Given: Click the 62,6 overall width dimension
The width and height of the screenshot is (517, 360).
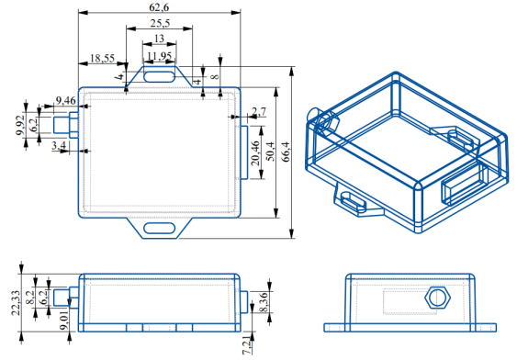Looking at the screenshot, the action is (159, 6).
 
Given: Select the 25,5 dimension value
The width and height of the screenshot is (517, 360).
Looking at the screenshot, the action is (160, 23).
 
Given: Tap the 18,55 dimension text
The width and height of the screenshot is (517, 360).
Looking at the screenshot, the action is (102, 59).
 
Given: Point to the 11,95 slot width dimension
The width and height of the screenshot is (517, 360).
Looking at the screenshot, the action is (159, 56).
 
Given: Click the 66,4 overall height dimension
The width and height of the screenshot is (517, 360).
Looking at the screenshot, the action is (286, 152).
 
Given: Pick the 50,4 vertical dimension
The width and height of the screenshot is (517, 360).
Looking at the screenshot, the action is (270, 152).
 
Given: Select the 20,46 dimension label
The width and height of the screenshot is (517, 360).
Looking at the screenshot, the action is (255, 153).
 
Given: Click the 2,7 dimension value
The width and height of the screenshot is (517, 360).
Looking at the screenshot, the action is (259, 112).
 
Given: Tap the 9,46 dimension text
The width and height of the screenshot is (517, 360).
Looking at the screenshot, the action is (65, 100).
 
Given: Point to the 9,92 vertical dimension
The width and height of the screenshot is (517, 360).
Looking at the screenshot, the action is (20, 125).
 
